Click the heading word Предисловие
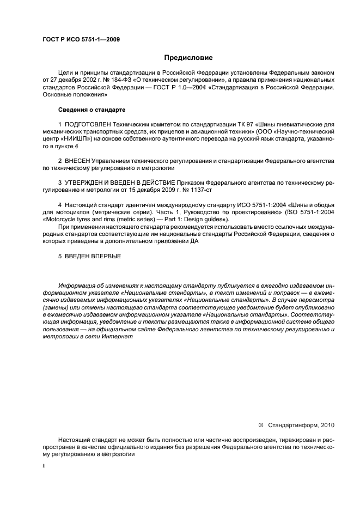188,57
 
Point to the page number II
45,466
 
